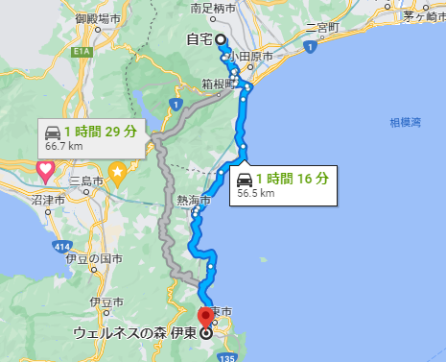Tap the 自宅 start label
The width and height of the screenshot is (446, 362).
pyautogui.click(x=199, y=39)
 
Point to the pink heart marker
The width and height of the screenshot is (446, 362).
pyautogui.click(x=44, y=171)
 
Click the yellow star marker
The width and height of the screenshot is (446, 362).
pyautogui.click(x=117, y=174)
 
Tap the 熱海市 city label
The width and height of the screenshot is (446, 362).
pyautogui.click(x=192, y=200)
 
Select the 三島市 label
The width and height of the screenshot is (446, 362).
pyautogui.click(x=84, y=179)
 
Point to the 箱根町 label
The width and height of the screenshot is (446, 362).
pyautogui.click(x=220, y=83)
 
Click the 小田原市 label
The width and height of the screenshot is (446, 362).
pyautogui.click(x=255, y=57)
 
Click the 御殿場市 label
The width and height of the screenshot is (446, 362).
pyautogui.click(x=100, y=18)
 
